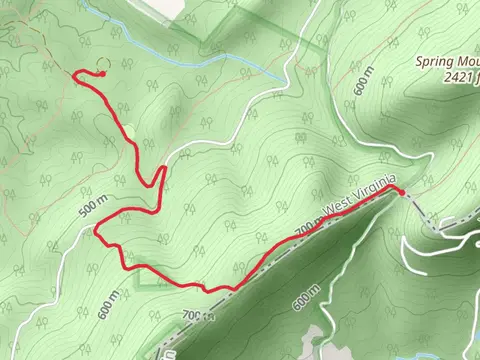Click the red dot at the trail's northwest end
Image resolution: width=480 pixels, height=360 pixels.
102,73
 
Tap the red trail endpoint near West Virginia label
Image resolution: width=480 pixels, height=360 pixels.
400,190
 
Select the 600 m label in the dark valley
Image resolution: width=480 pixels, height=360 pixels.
307,297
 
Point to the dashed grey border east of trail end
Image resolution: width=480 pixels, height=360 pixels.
440,221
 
